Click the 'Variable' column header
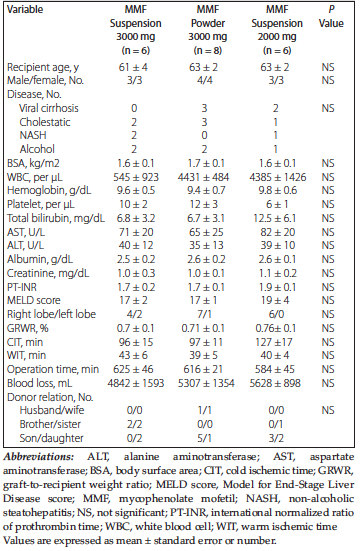[x=25, y=9]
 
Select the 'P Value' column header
[x=331, y=16]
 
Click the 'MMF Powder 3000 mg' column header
[x=207, y=30]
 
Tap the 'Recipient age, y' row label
[x=43, y=67]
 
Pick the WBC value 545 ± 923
[x=136, y=177]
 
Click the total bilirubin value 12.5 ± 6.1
[x=275, y=218]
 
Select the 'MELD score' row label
[x=33, y=300]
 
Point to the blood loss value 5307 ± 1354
[x=206, y=383]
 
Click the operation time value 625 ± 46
[x=135, y=369]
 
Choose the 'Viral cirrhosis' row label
[x=49, y=108]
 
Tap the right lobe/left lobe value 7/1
[x=204, y=314]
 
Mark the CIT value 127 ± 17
[x=275, y=342]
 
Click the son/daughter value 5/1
[x=205, y=438]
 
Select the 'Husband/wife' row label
[x=52, y=410]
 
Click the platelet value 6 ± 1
[x=275, y=205]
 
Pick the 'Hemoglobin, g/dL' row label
[x=49, y=190]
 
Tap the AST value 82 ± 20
[x=275, y=232]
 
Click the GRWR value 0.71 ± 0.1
[x=204, y=328]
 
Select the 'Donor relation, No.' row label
[x=50, y=397]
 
